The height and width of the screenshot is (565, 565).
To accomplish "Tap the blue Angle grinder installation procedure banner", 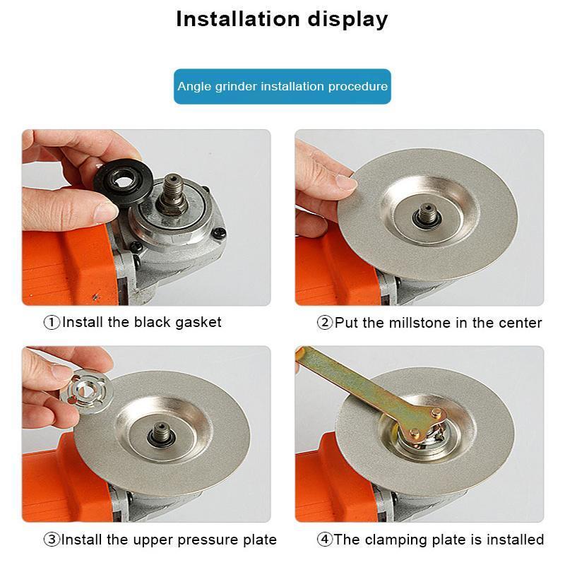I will tap(282, 86).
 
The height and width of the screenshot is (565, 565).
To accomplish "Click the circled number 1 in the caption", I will tap(52, 323).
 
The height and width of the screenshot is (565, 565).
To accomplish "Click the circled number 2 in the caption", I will tap(325, 323).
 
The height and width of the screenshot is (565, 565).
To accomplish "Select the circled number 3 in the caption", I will tap(52, 540).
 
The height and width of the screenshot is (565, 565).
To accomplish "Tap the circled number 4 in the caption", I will tap(325, 540).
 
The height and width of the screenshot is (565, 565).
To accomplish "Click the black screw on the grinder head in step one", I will tap(220, 230).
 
